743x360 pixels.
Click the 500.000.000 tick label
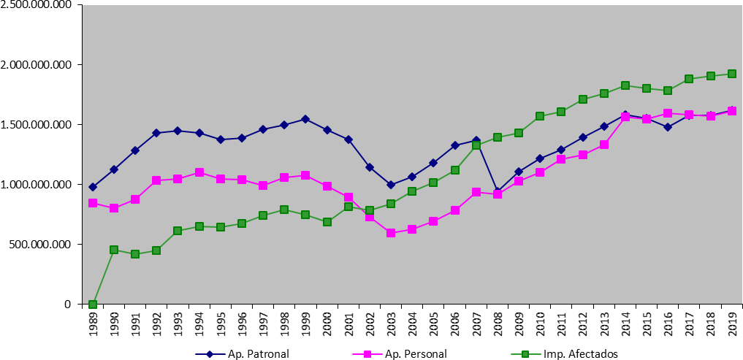[42, 245]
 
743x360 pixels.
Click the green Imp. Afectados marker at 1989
[93, 305]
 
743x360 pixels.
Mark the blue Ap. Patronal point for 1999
[305, 119]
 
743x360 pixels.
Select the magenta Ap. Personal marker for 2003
[391, 233]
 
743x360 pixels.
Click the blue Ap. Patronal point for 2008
[497, 193]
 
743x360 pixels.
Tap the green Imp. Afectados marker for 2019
[731, 74]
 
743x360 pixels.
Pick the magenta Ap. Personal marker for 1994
[199, 172]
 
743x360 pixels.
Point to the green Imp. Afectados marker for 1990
[114, 250]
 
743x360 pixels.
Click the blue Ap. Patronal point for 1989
[93, 187]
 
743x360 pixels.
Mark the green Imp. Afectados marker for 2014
[625, 85]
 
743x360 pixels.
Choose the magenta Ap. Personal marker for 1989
[93, 203]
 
